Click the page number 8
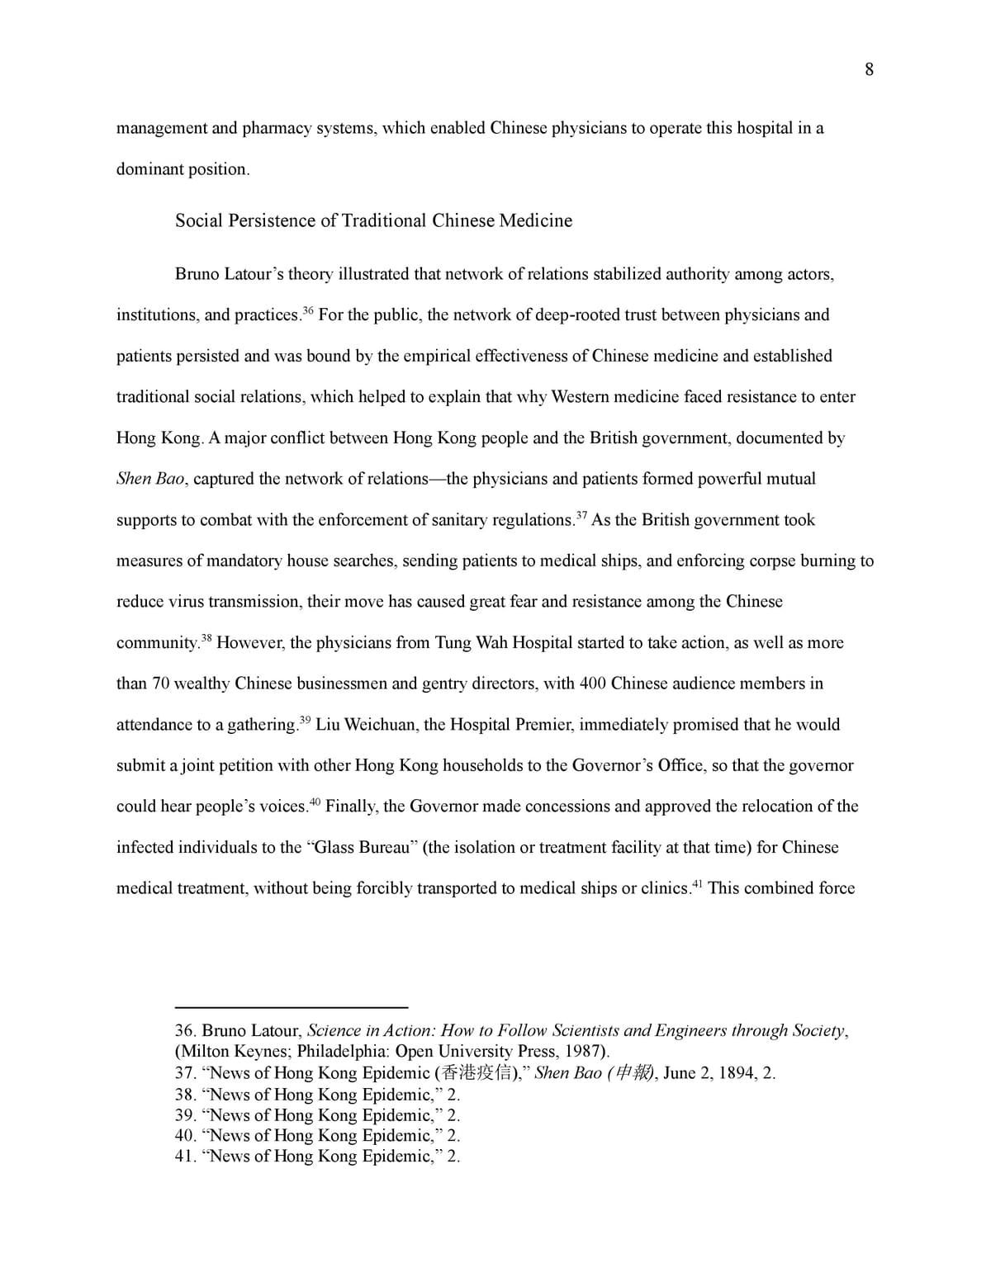click(x=869, y=69)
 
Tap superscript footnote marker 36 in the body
click(x=308, y=310)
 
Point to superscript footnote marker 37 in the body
click(x=581, y=515)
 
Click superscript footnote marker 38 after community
click(x=206, y=638)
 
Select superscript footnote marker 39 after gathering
click(x=305, y=720)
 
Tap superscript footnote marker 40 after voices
click(x=315, y=802)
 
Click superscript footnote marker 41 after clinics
click(x=697, y=884)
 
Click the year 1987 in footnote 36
click(x=588, y=1052)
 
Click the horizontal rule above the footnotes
click(x=292, y=1007)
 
